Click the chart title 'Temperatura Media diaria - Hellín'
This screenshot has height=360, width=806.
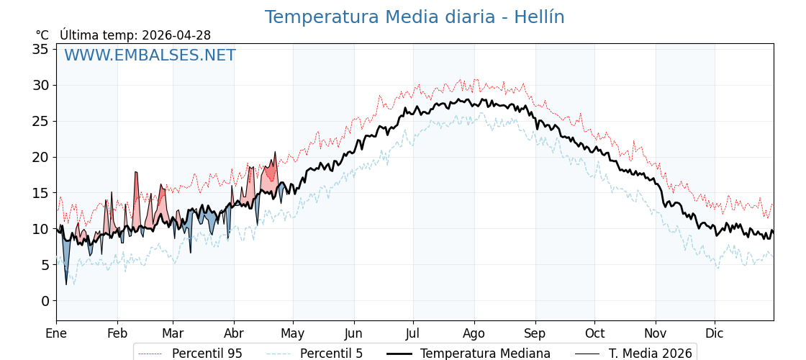414,17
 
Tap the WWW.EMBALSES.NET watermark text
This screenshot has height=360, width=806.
150,55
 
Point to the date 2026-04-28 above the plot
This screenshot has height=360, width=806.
176,35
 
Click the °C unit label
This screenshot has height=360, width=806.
42,35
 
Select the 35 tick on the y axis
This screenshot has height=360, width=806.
40,49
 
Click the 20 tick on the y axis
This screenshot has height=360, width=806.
40,157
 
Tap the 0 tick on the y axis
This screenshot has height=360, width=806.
45,301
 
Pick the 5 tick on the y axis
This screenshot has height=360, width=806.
45,265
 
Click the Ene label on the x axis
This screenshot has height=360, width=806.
56,333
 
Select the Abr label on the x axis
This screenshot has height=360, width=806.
234,333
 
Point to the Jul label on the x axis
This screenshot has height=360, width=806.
413,333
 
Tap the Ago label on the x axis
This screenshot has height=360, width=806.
474,333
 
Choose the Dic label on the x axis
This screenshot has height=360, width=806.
715,333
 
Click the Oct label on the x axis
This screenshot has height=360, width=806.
594,333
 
